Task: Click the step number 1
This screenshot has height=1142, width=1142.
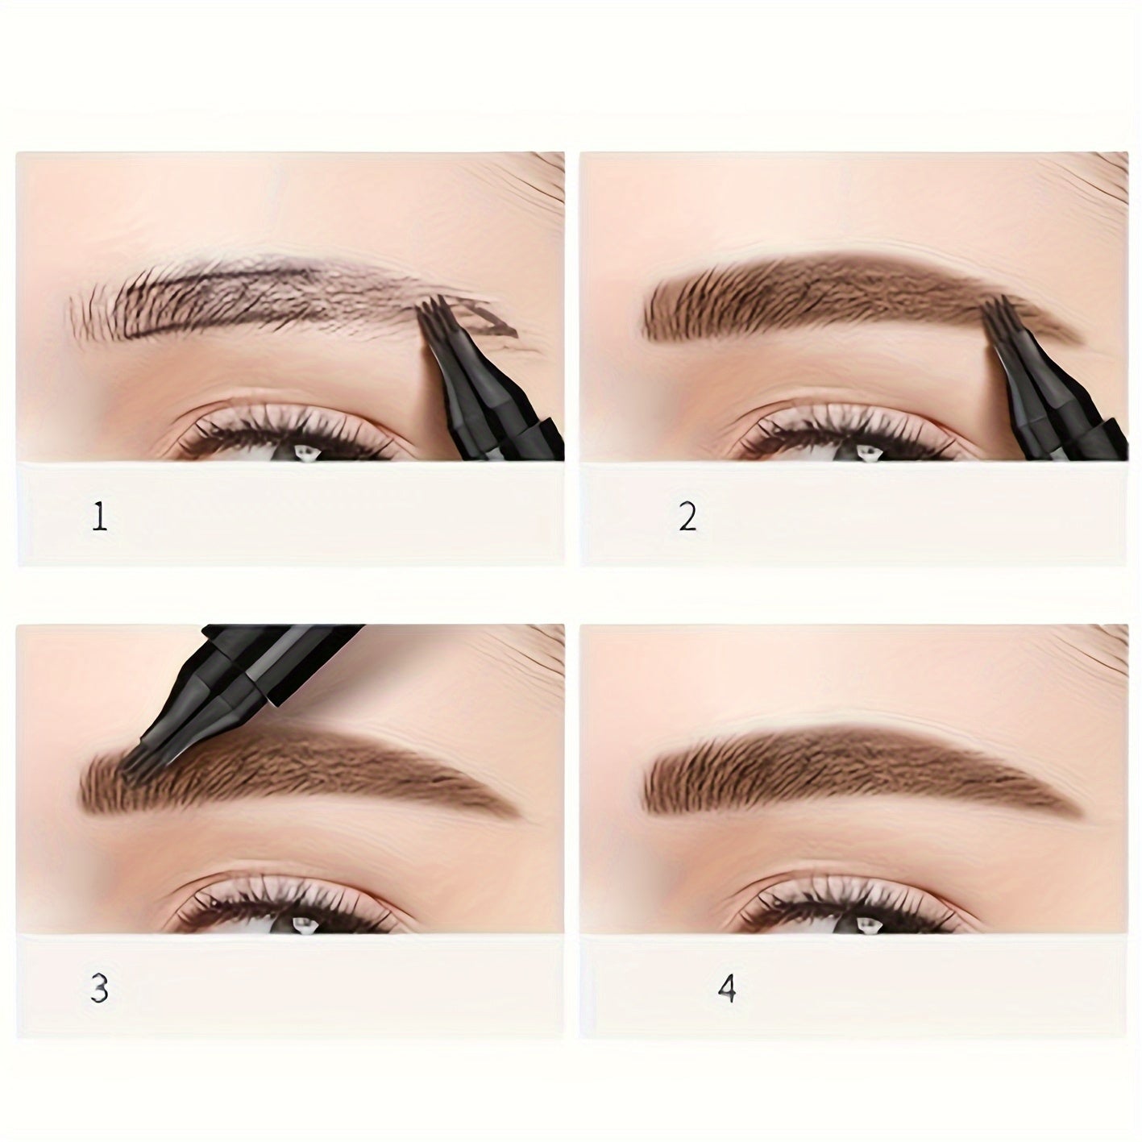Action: pos(100,517)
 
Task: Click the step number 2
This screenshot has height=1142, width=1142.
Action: pos(687,516)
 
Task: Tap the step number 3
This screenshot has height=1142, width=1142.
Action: pos(99,989)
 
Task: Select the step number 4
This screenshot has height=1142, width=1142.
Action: pos(727,989)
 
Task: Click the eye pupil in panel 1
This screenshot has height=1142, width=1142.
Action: pos(305,453)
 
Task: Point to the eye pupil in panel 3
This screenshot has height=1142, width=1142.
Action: pos(305,927)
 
